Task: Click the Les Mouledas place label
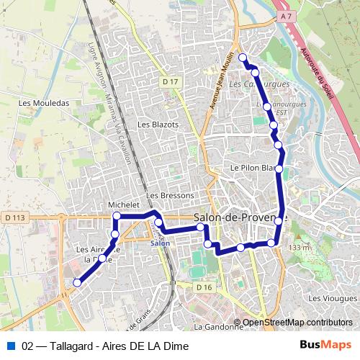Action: point(46,103)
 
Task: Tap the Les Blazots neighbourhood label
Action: point(158,125)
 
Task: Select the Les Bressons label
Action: point(170,195)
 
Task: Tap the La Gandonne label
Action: point(219,326)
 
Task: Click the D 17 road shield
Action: point(170,82)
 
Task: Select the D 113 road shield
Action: point(14,217)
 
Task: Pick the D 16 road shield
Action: point(204,287)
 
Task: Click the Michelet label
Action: point(123,205)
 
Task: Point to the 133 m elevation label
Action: point(299,248)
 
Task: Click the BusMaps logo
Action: point(325,346)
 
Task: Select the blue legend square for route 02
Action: point(10,346)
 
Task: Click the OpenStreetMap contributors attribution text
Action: point(297,323)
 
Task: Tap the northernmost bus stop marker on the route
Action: point(243,58)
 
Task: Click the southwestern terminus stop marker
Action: point(76,283)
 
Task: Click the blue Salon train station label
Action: point(160,243)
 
